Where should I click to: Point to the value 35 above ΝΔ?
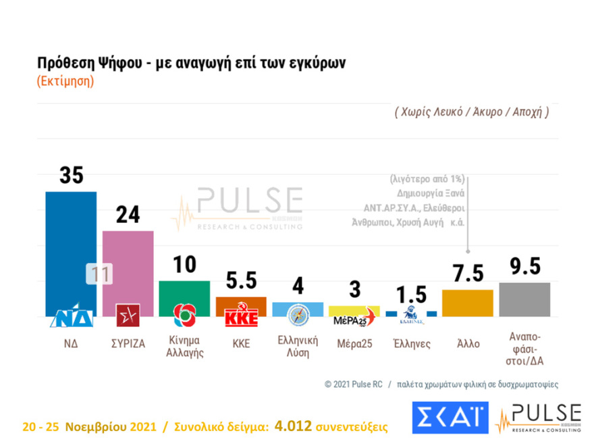[x=71, y=175]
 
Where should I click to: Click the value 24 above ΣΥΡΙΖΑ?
[x=128, y=215]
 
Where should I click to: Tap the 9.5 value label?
[x=524, y=267]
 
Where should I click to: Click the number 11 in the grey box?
[x=99, y=274]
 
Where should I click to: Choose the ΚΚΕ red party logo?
[x=241, y=317]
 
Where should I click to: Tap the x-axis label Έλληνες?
[x=411, y=343]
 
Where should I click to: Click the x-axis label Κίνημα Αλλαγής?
[x=184, y=346]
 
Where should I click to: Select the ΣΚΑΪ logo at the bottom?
[x=450, y=417]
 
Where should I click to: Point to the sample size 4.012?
[x=294, y=426]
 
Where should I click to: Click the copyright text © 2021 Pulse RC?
[x=353, y=384]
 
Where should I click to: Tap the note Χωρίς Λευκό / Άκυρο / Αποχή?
[x=471, y=112]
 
